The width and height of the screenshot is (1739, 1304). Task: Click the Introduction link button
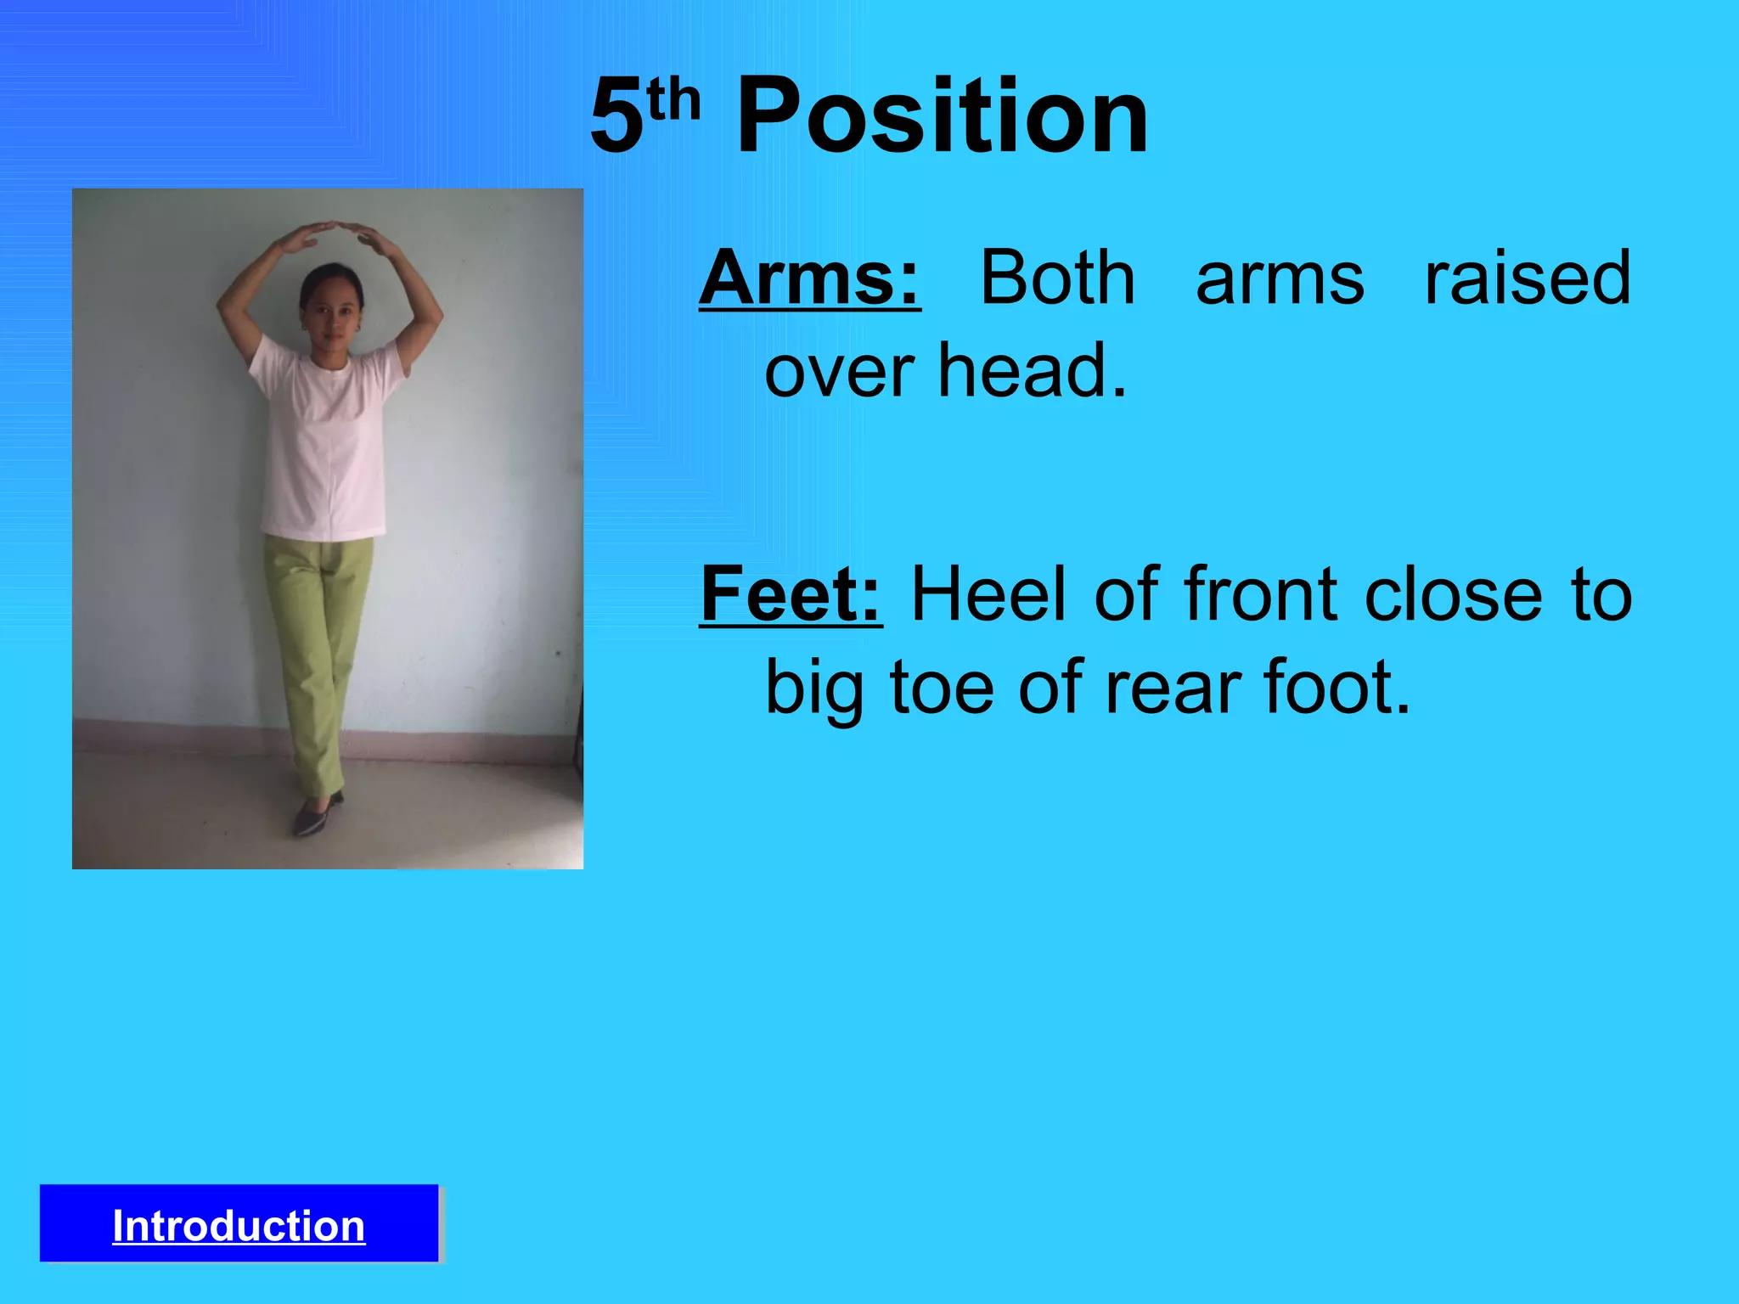pyautogui.click(x=239, y=1225)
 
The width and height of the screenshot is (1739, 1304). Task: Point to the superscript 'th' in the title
pyautogui.click(x=673, y=100)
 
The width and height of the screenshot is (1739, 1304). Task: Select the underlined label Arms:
pyautogui.click(x=809, y=278)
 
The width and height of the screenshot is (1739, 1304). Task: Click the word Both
pyautogui.click(x=1057, y=278)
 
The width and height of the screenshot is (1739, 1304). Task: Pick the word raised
pyautogui.click(x=1527, y=278)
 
